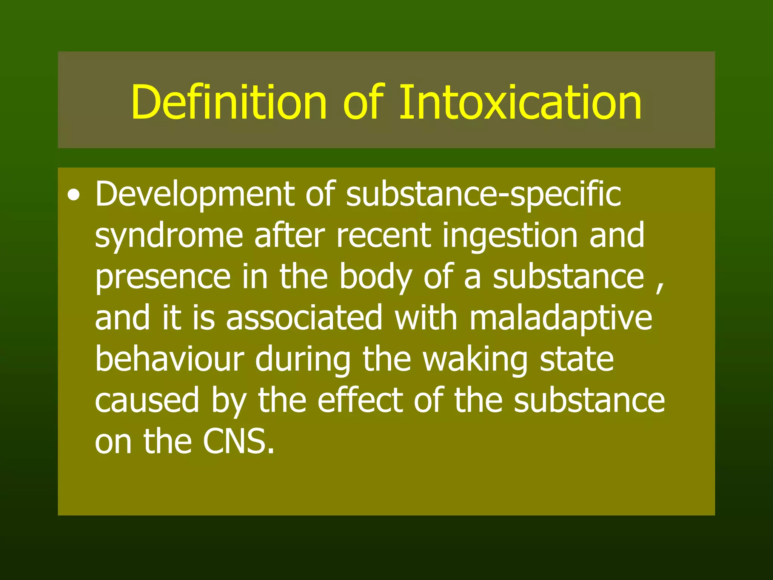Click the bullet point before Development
(x=74, y=196)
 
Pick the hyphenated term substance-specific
(x=483, y=195)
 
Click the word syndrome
(x=169, y=236)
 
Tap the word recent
(x=383, y=236)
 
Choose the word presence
(x=163, y=278)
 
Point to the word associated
(x=304, y=318)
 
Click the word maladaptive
(x=561, y=319)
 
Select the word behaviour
(x=169, y=359)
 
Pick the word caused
(x=147, y=401)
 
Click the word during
(x=303, y=360)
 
